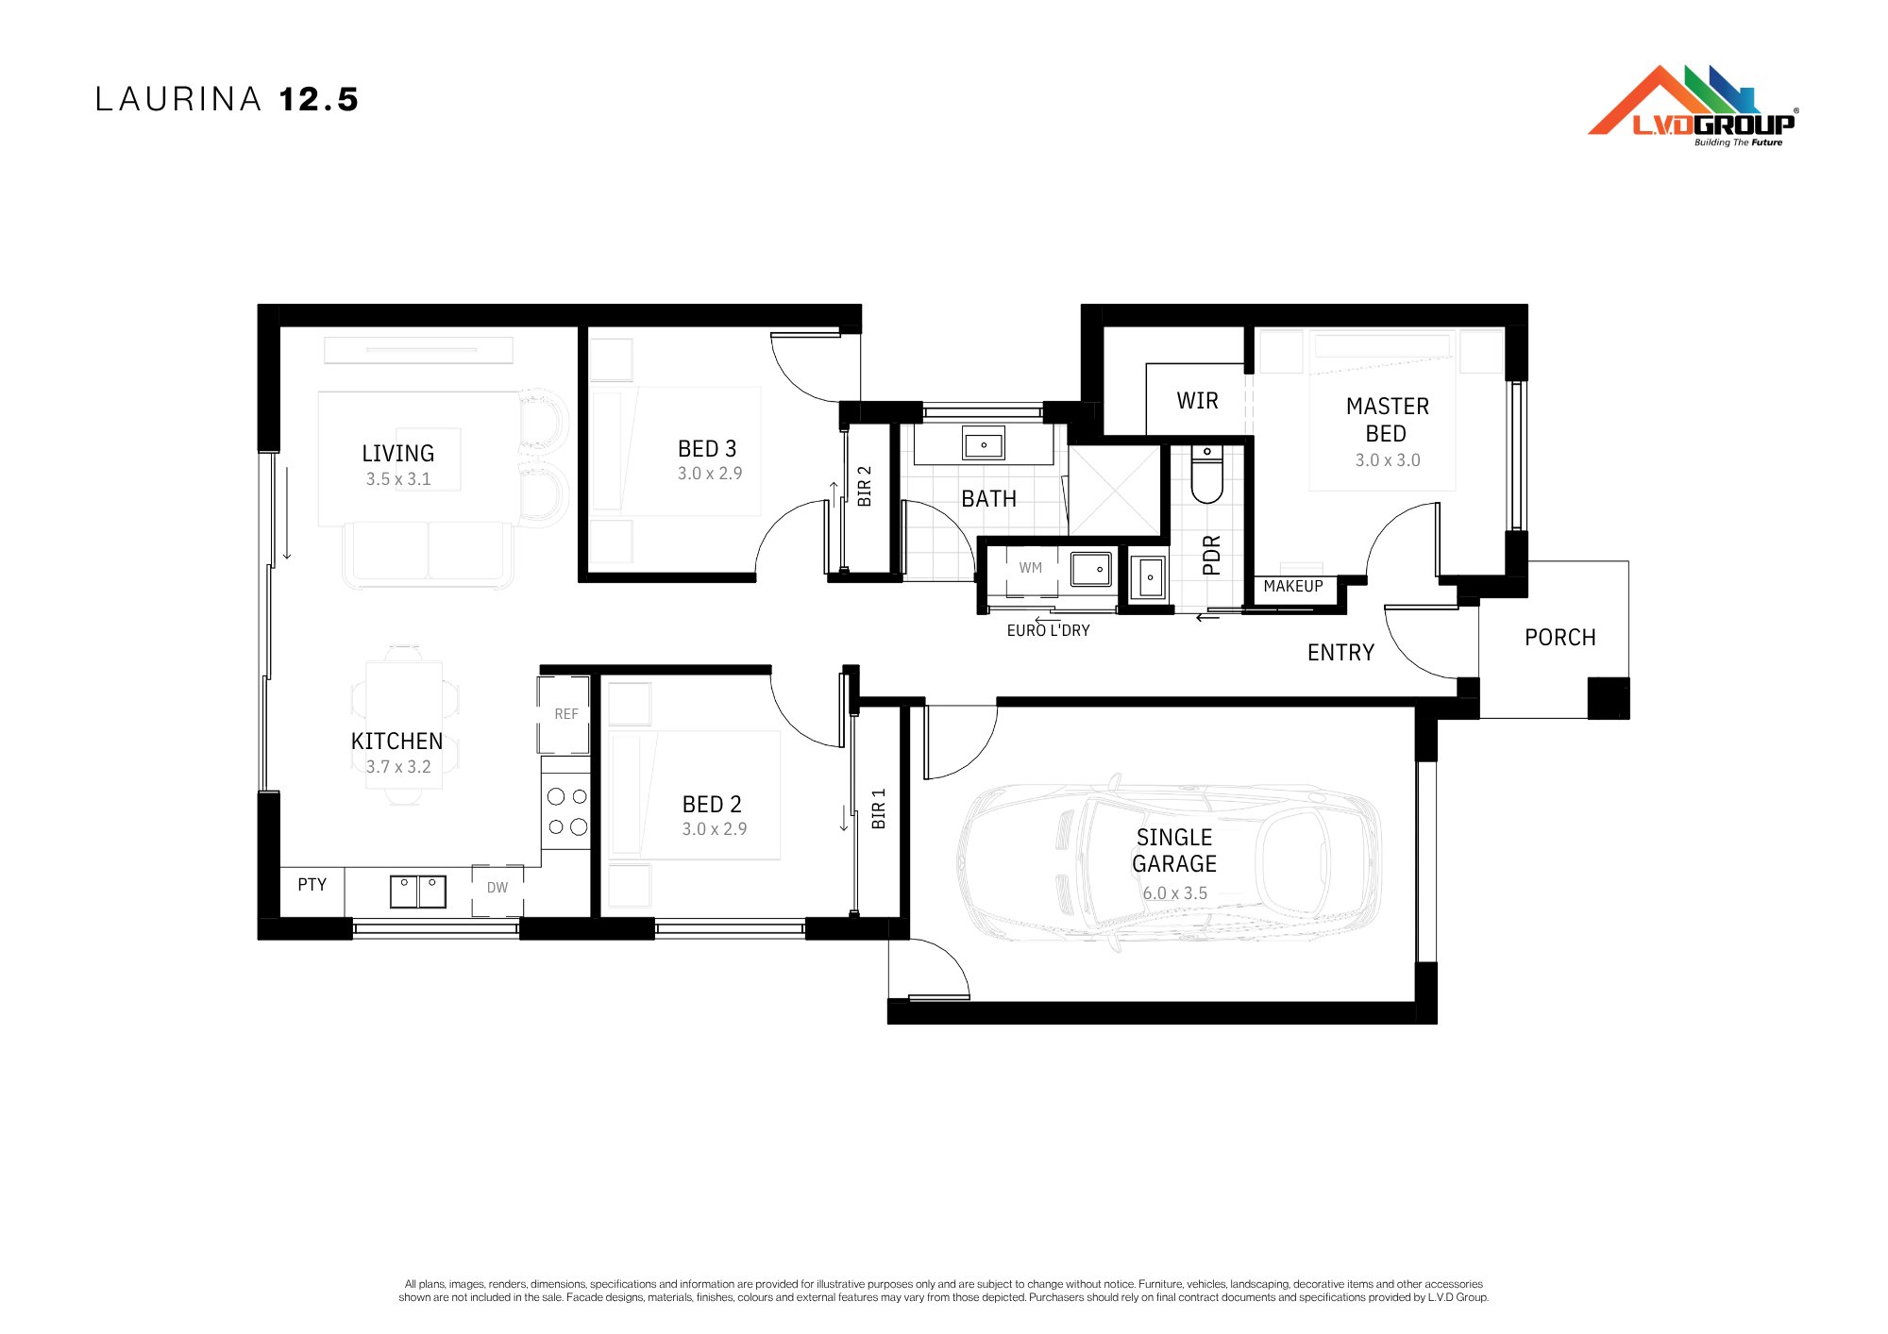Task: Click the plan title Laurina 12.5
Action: pos(227,99)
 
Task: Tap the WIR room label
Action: pos(1197,401)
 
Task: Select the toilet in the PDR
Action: pos(1206,474)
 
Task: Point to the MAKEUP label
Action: pos(1293,586)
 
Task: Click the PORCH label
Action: pos(1560,638)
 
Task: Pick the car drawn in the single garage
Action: pos(1170,863)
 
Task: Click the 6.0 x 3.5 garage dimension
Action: pos(1174,892)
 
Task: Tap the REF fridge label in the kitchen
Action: pos(566,714)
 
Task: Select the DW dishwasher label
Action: pos(497,888)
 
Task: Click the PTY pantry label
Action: pos(312,884)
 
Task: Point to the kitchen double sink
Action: pos(418,892)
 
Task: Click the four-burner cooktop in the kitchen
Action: pos(566,811)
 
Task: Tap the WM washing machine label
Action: pos(1031,568)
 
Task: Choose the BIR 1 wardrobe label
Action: pos(879,809)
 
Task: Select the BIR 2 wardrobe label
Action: pos(864,486)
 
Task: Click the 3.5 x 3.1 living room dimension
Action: pos(398,479)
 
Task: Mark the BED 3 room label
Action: pos(707,449)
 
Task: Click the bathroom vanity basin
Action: pos(984,443)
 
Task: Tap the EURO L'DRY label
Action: pos(1048,630)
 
